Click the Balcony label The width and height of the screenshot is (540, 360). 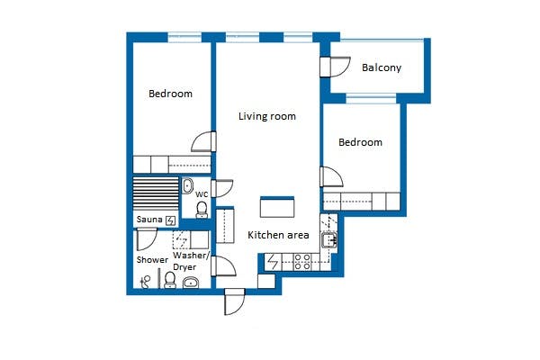click(x=382, y=67)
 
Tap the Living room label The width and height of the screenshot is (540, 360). click(x=267, y=116)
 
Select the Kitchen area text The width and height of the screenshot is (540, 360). click(x=278, y=235)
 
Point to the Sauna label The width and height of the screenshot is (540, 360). click(x=149, y=220)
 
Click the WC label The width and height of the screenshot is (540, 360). click(x=202, y=194)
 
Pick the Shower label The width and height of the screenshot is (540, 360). click(x=152, y=260)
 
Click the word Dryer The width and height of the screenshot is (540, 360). click(x=184, y=267)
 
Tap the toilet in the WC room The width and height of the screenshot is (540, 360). click(x=202, y=210)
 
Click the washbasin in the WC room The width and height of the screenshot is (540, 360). click(x=187, y=186)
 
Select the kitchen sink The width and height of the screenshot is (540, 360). click(x=329, y=239)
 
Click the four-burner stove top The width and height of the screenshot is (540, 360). click(x=302, y=262)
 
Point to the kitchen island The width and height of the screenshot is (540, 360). click(x=277, y=207)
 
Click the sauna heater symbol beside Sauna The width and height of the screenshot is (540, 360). click(x=170, y=220)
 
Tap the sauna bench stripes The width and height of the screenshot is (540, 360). click(x=156, y=193)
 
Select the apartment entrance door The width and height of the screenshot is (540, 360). click(x=235, y=301)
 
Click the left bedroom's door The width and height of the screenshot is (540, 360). click(x=203, y=141)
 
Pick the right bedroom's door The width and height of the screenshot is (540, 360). click(x=331, y=177)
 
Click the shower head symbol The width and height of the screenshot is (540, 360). click(x=145, y=281)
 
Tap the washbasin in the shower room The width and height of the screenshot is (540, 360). click(x=191, y=283)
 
